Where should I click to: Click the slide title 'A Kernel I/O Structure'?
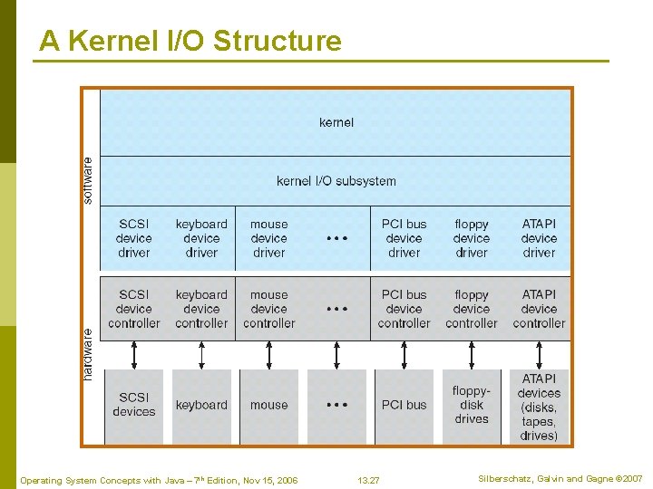(x=190, y=41)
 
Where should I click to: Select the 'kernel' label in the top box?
(x=336, y=122)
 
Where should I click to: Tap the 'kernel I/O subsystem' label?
(x=336, y=181)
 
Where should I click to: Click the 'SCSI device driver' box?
(x=134, y=238)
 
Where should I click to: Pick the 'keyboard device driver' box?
(x=201, y=238)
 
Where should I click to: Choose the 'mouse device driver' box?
(x=269, y=238)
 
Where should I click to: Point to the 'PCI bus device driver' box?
(x=404, y=238)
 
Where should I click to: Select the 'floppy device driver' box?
(x=472, y=238)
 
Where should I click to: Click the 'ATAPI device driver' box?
(x=539, y=238)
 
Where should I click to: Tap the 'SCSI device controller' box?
(x=134, y=309)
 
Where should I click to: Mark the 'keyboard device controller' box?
(x=201, y=309)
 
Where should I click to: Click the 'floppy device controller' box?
(x=472, y=309)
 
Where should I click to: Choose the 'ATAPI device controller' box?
(x=539, y=309)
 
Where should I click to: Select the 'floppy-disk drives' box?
(x=472, y=405)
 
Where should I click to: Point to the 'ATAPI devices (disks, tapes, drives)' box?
(x=539, y=407)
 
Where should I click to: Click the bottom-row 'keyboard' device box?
(x=201, y=405)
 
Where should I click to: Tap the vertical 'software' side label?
(x=88, y=180)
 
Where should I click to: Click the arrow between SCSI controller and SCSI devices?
(x=134, y=355)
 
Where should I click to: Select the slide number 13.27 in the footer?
(x=368, y=480)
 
